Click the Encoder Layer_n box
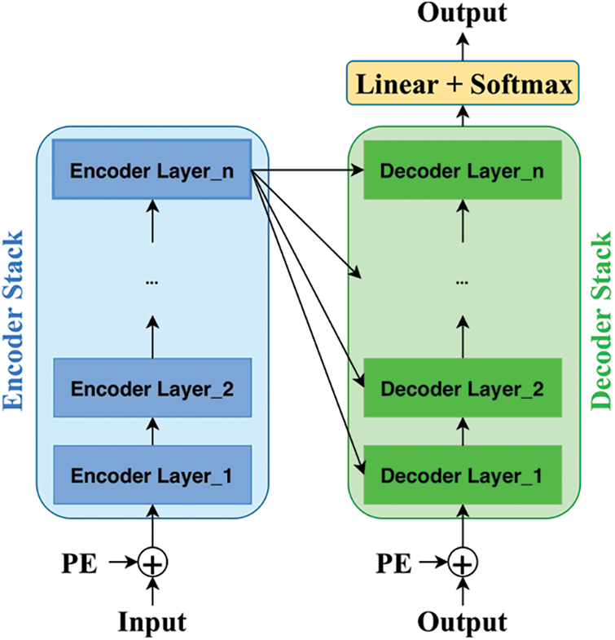pos(152,172)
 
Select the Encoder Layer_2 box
pos(152,389)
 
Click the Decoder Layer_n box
pos(463,172)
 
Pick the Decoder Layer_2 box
pos(463,389)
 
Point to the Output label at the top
pos(463,13)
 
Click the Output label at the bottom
pos(463,622)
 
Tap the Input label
pos(152,622)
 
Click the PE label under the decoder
pos(393,563)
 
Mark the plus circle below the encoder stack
pos(152,563)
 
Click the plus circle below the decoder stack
pos(463,563)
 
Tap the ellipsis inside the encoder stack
pos(152,281)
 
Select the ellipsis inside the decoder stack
pos(463,281)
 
